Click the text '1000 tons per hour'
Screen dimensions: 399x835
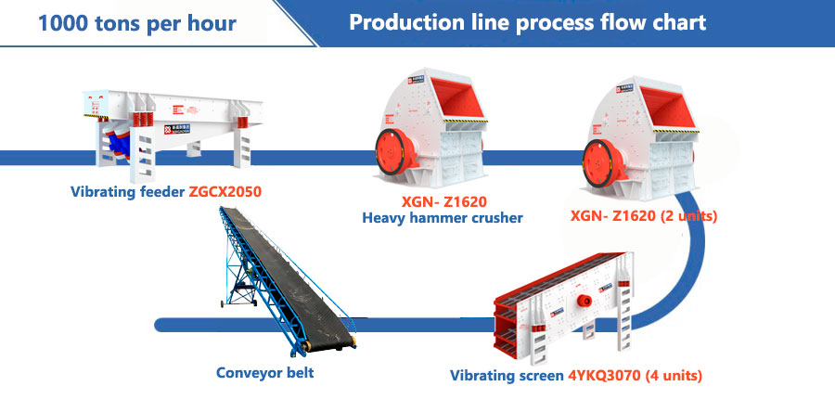pyautogui.click(x=136, y=23)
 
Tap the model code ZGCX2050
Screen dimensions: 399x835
pyautogui.click(x=225, y=192)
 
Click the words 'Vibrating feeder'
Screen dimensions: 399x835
pyautogui.click(x=127, y=192)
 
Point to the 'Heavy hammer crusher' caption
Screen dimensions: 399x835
pyautogui.click(x=443, y=218)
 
